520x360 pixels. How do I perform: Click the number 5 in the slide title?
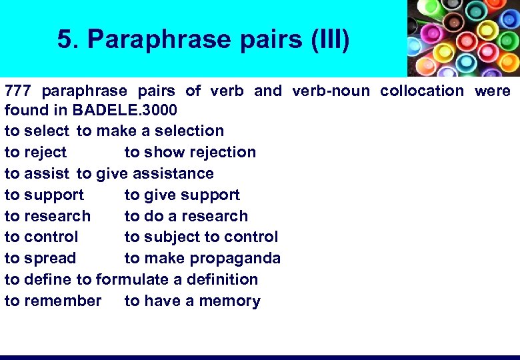[x=65, y=40]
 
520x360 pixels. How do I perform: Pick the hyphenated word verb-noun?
[x=331, y=91]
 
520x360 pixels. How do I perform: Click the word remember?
[x=63, y=301]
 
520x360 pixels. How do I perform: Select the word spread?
[x=50, y=258]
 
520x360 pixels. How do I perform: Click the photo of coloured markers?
[x=463, y=38]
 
